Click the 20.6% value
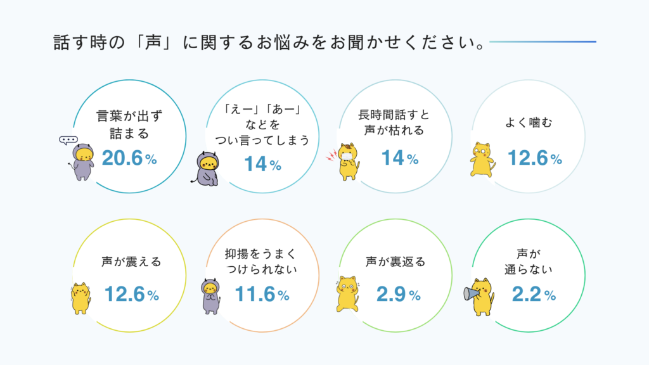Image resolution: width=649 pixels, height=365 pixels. click(x=129, y=158)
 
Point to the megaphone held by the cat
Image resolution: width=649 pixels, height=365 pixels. click(x=471, y=293)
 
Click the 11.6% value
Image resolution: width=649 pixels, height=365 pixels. click(x=262, y=294)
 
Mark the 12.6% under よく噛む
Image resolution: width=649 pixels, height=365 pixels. click(x=534, y=158)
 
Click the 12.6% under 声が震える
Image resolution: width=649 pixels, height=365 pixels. click(x=131, y=294)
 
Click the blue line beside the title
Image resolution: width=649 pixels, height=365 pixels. click(x=542, y=42)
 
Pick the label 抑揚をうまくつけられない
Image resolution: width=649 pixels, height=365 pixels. click(x=260, y=260)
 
